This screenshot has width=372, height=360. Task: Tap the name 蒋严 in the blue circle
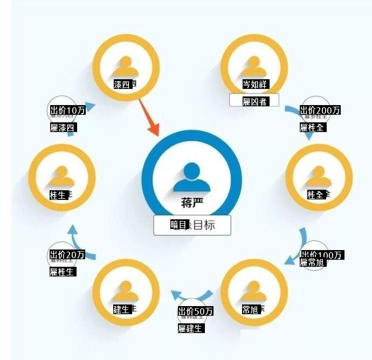[x=192, y=203]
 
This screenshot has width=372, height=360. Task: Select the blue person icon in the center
[x=192, y=177]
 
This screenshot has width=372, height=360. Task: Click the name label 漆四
[x=122, y=85]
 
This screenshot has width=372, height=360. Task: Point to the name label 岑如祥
[x=255, y=85]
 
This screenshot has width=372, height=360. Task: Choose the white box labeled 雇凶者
[x=254, y=101]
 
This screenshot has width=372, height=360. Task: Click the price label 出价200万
[x=321, y=110]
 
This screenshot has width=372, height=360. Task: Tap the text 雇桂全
[x=313, y=128]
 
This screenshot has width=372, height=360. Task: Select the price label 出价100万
[x=321, y=255]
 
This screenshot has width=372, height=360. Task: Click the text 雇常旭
[x=313, y=262]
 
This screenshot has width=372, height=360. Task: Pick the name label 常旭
[x=251, y=309]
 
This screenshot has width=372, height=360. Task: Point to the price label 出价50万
[x=196, y=311]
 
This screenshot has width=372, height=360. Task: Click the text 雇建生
[x=191, y=328]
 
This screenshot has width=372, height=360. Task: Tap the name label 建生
[x=121, y=309]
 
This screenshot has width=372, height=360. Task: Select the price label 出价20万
[x=67, y=254]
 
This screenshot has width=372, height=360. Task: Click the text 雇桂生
[x=62, y=272]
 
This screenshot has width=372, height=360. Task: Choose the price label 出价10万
[x=67, y=110]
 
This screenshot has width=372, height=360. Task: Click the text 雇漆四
[x=62, y=128]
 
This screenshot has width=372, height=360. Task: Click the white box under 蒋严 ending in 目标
[x=192, y=225]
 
